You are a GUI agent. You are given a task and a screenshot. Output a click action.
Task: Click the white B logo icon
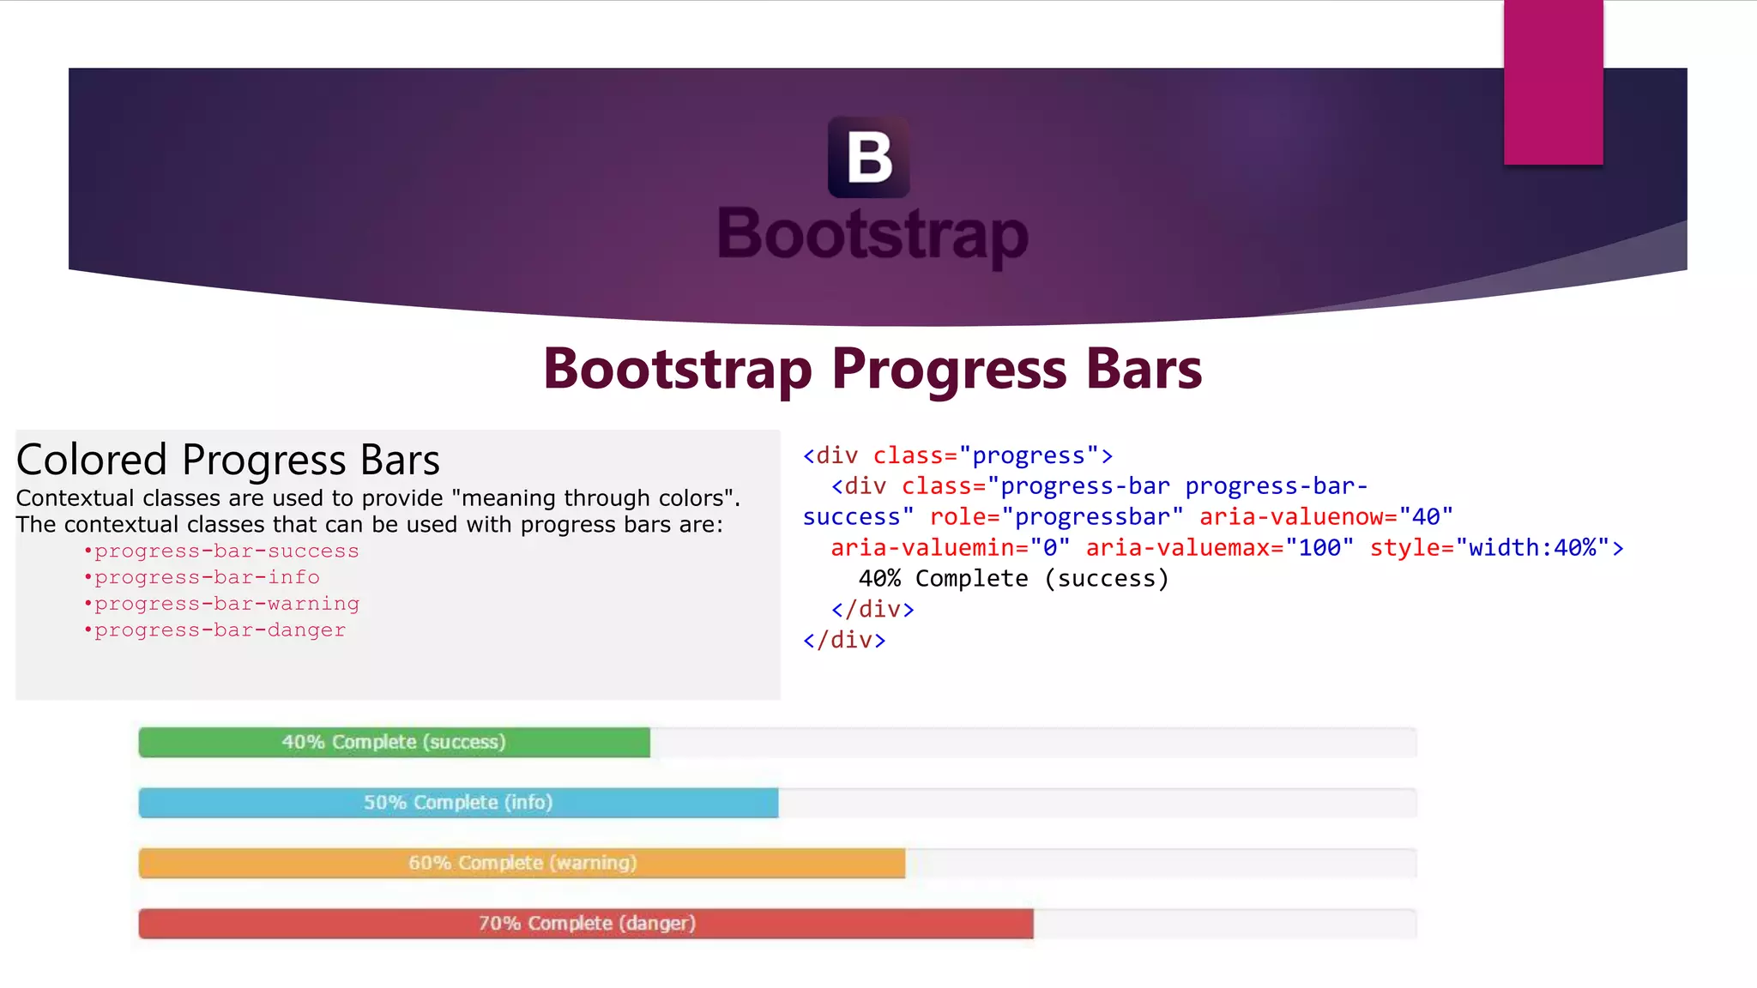(x=868, y=158)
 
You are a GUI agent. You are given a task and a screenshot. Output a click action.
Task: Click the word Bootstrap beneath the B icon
(x=872, y=234)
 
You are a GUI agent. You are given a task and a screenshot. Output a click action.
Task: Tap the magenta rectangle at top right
(x=1553, y=82)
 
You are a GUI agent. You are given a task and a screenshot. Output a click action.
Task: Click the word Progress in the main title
(x=949, y=370)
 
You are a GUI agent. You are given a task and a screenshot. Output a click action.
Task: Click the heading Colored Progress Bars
(x=227, y=461)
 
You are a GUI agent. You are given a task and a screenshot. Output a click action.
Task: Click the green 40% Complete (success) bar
(x=394, y=743)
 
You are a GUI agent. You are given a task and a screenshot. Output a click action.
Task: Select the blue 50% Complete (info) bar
(x=458, y=803)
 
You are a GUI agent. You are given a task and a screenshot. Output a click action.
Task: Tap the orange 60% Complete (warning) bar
(x=522, y=864)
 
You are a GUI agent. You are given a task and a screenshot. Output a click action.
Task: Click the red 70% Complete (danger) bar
(x=586, y=924)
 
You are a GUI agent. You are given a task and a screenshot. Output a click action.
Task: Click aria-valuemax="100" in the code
(x=1219, y=548)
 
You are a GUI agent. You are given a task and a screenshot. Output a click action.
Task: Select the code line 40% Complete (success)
(x=1013, y=579)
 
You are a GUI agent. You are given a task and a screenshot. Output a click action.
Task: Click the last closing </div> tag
(x=844, y=641)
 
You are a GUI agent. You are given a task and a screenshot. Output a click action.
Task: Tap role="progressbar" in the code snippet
(x=1056, y=517)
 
